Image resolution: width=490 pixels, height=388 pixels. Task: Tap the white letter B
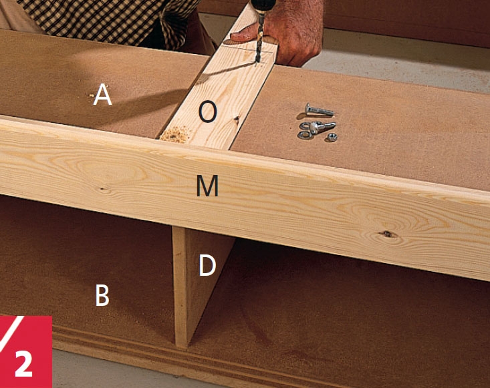(102, 295)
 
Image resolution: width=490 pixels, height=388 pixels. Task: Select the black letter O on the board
(208, 112)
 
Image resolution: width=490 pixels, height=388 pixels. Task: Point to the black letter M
(207, 186)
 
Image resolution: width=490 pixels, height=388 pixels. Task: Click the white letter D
(207, 265)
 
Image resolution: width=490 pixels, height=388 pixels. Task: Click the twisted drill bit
(259, 38)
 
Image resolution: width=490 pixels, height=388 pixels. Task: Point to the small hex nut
(332, 137)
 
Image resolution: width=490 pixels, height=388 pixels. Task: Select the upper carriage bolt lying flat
(319, 110)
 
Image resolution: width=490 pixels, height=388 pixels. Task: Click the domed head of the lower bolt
(314, 128)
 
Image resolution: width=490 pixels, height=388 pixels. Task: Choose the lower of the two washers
(304, 135)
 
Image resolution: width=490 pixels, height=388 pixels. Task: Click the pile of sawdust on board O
(175, 134)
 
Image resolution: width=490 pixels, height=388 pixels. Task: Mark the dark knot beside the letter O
(237, 120)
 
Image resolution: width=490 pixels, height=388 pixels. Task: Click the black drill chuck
(263, 5)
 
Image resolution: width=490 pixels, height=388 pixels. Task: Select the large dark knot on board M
(387, 234)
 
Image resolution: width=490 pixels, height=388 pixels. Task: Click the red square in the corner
(25, 352)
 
